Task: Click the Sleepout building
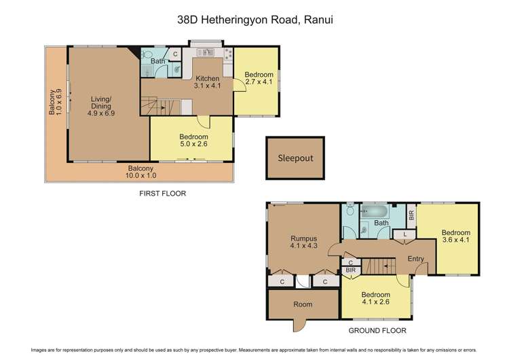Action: click(295, 158)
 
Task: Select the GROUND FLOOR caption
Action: click(378, 331)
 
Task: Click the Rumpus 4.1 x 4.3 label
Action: click(303, 242)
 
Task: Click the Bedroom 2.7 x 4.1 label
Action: click(259, 78)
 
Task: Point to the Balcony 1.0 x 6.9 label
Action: click(55, 109)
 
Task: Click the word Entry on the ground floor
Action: click(416, 259)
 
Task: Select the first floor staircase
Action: click(166, 106)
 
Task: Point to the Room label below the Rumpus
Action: click(303, 304)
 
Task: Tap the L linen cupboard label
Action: click(404, 234)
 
